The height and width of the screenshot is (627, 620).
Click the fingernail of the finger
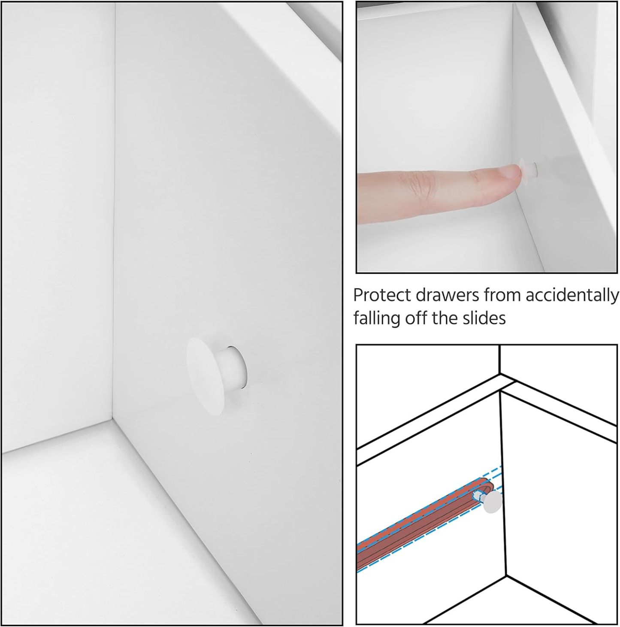pos(511,172)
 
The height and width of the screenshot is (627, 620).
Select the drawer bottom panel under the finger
pos(449,241)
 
